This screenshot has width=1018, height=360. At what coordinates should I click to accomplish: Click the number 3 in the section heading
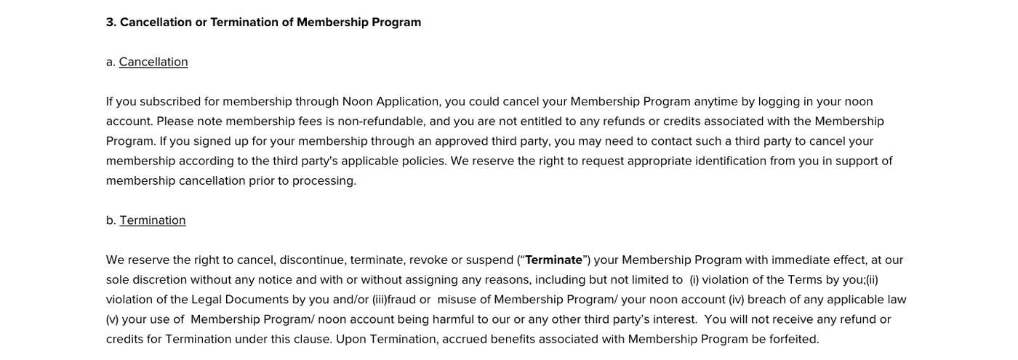click(110, 22)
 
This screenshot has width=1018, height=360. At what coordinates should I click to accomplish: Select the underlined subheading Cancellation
click(153, 62)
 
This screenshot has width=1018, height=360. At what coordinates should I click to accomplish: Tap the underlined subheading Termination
click(153, 220)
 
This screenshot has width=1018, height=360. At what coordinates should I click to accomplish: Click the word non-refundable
click(382, 121)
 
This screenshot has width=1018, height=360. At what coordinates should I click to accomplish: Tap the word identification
click(731, 161)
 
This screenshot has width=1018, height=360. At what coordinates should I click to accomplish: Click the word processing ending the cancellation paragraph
click(324, 180)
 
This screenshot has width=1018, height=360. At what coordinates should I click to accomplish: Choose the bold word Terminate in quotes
click(553, 260)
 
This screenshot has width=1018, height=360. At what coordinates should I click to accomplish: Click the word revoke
click(428, 260)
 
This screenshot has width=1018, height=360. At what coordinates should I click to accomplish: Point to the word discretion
click(159, 279)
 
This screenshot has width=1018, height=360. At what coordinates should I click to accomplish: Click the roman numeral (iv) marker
click(736, 300)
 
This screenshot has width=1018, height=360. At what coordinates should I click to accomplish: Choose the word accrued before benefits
click(464, 339)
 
